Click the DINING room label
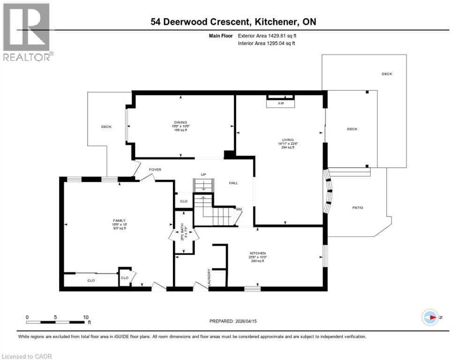[180, 122]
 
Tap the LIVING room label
[287, 140]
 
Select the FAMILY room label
[119, 220]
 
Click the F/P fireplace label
[281, 103]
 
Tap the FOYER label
[155, 169]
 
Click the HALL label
[233, 183]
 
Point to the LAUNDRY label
[209, 277]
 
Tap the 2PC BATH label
[182, 233]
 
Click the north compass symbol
[430, 317]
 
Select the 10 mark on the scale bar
[86, 317]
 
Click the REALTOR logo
[27, 32]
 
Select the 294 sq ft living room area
[287, 148]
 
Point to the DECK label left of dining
[106, 127]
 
